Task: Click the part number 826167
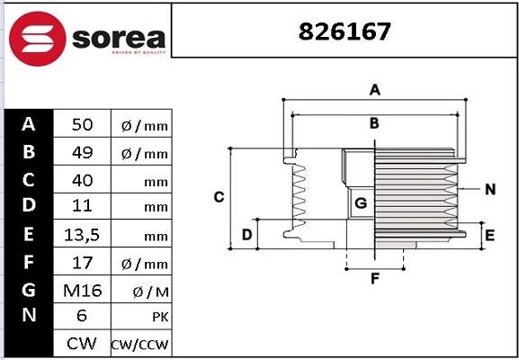(345, 31)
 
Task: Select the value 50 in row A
(82, 125)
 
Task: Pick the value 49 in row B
(82, 153)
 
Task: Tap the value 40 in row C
(82, 180)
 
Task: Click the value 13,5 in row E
(82, 235)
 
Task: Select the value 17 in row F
(82, 262)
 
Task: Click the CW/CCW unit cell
(139, 345)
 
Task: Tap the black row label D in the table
(28, 207)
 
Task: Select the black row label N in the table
(28, 316)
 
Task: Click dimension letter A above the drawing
(376, 89)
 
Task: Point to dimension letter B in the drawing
(374, 123)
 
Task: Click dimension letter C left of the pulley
(219, 197)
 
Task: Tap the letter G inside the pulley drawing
(361, 203)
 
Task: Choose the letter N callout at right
(489, 189)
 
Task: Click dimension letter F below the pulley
(375, 278)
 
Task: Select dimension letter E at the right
(489, 236)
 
